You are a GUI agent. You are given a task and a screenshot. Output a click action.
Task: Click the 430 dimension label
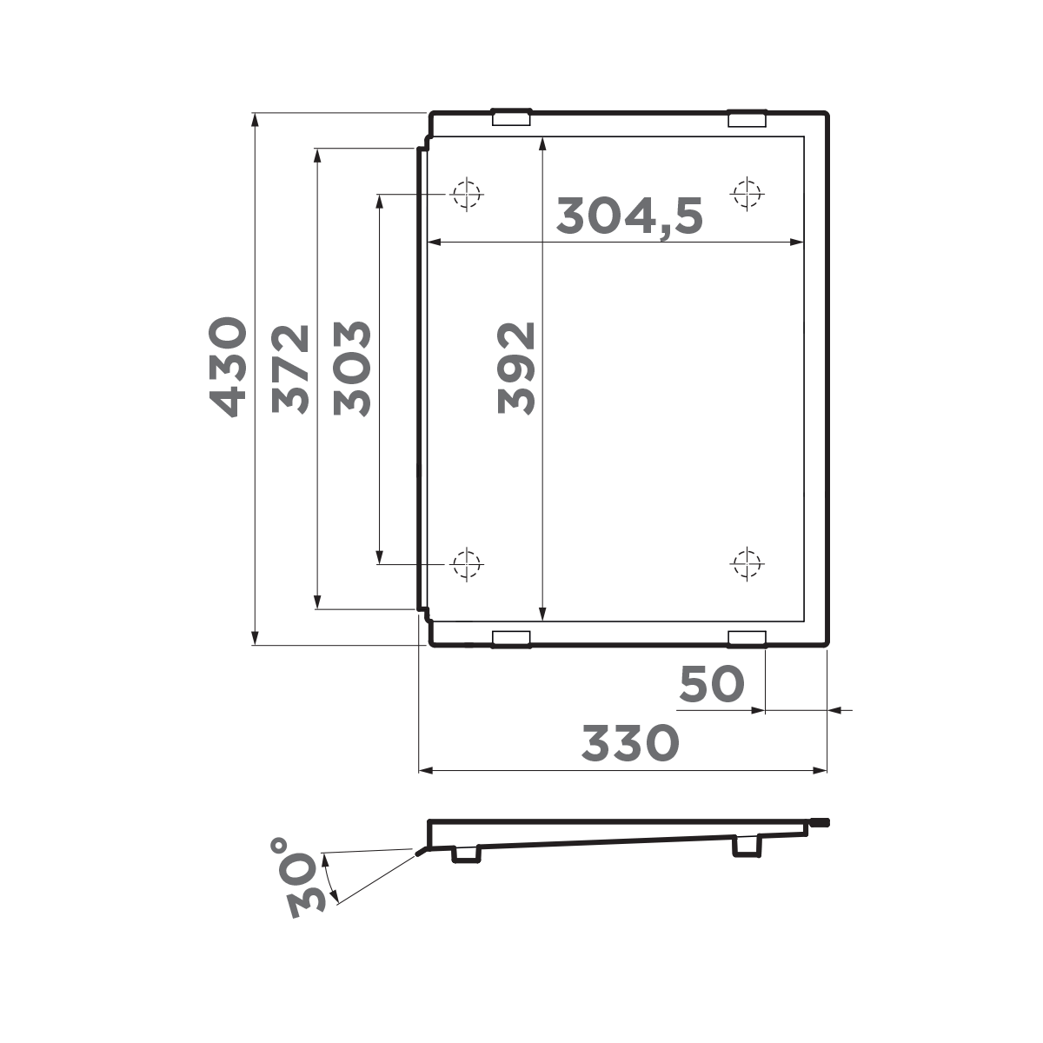227,367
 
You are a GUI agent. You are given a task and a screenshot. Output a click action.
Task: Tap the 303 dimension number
352,369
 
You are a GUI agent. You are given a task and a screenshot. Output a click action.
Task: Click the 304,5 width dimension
629,216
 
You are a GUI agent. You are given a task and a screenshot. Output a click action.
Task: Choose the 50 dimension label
712,685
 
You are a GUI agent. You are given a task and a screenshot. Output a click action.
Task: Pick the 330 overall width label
629,744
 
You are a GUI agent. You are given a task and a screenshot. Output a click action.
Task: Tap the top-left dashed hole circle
467,193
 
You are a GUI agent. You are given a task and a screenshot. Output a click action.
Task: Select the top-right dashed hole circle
746,193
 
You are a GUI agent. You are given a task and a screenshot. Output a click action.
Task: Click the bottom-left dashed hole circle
467,565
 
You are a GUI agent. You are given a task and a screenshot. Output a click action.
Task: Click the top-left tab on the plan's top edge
511,117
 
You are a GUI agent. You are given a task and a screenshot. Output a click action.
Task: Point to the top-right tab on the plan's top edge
747,117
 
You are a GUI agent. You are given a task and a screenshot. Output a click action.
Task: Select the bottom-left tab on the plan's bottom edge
511,639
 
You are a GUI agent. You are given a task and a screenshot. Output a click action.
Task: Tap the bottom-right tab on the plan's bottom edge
747,639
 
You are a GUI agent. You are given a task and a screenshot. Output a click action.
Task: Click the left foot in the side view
467,855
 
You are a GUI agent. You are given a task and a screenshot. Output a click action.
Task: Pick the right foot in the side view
747,846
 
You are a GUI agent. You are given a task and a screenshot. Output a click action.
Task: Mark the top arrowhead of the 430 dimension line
255,122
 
